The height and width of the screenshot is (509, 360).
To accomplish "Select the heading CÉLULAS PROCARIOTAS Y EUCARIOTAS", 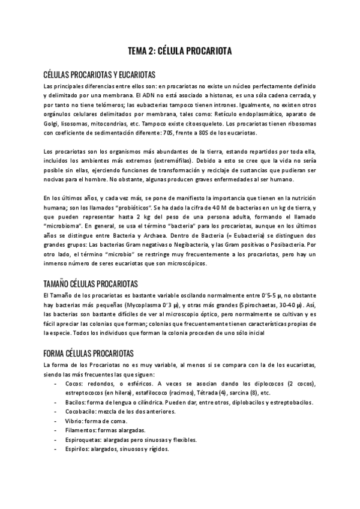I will click(x=100, y=75).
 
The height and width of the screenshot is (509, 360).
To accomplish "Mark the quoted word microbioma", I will click(x=67, y=226).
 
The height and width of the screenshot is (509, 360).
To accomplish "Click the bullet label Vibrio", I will click(x=75, y=421).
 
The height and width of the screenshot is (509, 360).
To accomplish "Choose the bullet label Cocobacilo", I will click(x=83, y=412).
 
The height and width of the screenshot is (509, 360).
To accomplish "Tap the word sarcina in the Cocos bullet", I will click(x=251, y=393).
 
